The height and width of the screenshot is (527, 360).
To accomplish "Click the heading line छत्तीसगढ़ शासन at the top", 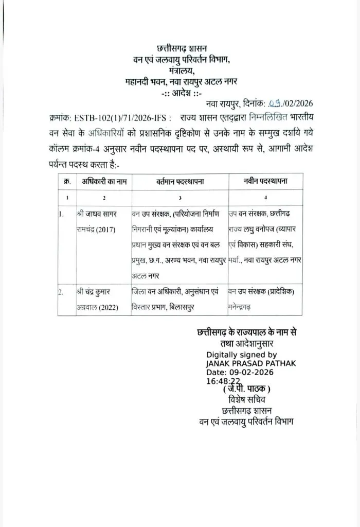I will tap(182, 50).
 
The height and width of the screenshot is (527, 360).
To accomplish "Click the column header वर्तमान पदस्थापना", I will tap(179, 181).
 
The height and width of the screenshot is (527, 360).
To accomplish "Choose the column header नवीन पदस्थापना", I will tap(265, 181).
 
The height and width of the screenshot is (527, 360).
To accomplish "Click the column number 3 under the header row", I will tap(179, 198).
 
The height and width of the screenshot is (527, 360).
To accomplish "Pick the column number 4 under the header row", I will tap(265, 198).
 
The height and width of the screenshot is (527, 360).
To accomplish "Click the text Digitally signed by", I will tap(241, 355).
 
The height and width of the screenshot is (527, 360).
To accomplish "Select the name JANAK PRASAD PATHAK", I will tap(250, 363).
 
